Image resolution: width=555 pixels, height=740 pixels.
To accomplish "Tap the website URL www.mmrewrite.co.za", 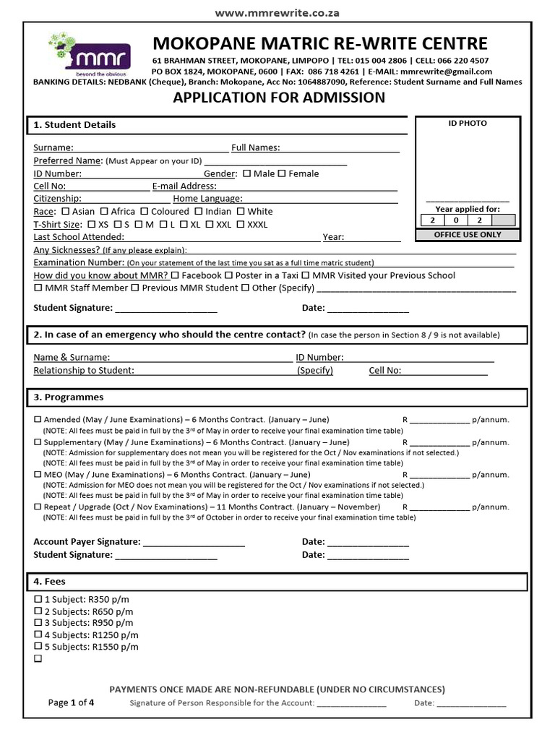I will (x=277, y=12).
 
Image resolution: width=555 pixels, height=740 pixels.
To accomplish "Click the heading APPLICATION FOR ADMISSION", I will (x=279, y=98).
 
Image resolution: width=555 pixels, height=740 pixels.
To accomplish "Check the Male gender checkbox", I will (x=246, y=173).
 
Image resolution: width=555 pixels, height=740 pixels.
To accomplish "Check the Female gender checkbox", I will (x=283, y=173).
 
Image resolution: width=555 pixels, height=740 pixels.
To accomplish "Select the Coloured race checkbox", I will (x=145, y=212).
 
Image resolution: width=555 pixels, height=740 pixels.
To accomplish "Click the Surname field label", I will (x=53, y=148).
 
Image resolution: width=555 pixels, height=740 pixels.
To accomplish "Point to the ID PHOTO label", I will (x=468, y=124).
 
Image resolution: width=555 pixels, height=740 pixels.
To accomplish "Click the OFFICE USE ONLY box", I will (x=468, y=235).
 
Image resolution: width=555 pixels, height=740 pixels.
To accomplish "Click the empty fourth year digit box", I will (x=503, y=220).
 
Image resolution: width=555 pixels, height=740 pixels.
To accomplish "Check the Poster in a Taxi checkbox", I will (x=229, y=275).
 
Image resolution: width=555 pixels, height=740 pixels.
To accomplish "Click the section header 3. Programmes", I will (x=69, y=397).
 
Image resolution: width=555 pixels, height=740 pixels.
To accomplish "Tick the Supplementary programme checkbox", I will (x=38, y=442).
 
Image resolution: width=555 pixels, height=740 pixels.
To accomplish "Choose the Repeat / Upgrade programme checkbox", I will (x=38, y=507).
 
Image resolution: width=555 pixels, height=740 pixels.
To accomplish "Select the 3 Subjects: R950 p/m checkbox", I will (x=38, y=623).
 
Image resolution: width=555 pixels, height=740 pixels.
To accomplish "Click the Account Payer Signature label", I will (x=87, y=542).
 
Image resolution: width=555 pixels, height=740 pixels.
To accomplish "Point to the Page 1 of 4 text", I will (x=71, y=702).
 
